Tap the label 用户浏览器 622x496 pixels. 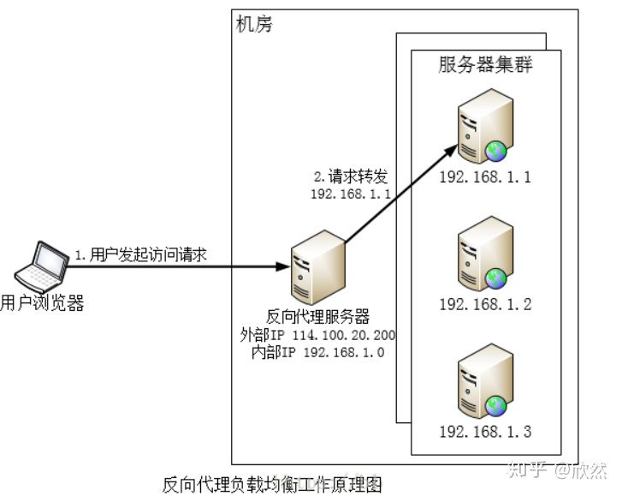point(42,302)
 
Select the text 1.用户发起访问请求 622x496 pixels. point(142,254)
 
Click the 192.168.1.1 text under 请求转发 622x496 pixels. point(351,194)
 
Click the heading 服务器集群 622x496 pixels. point(485,65)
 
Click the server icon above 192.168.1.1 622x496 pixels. point(484,128)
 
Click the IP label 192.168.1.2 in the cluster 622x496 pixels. point(485,304)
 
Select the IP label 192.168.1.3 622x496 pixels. point(485,431)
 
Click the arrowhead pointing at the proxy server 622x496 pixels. point(281,266)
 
